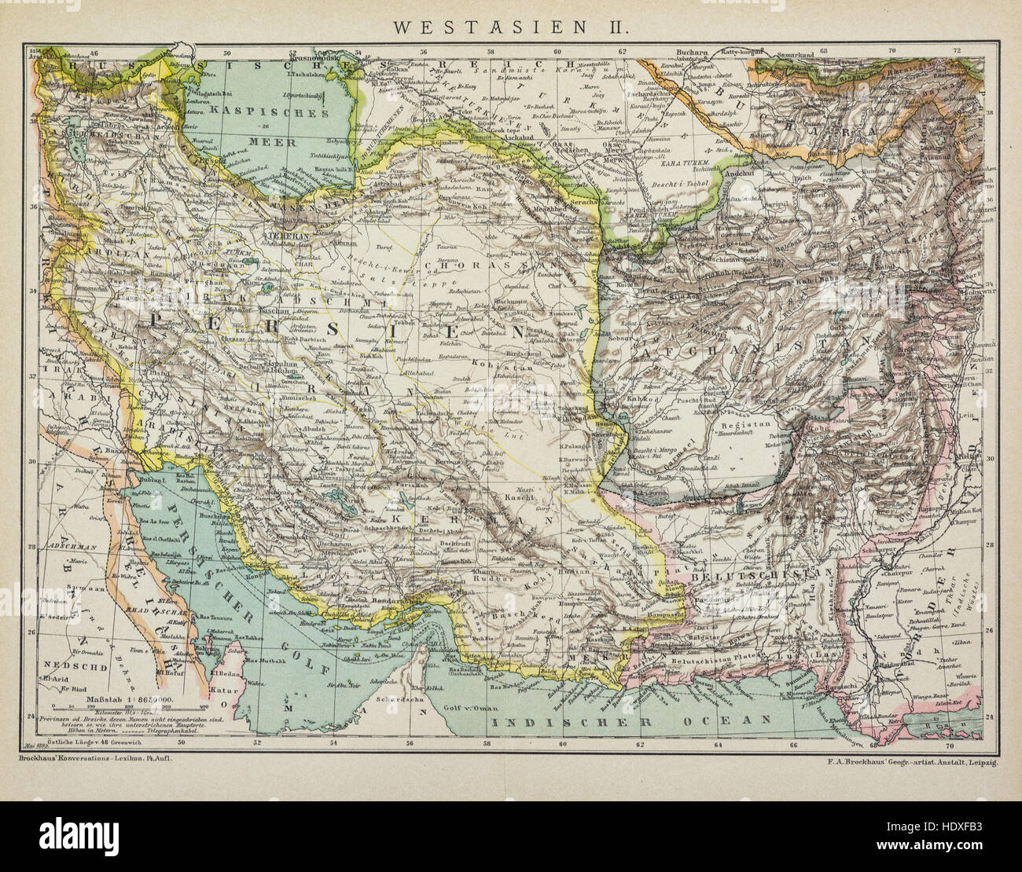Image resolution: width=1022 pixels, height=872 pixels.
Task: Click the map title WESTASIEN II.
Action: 510,26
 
